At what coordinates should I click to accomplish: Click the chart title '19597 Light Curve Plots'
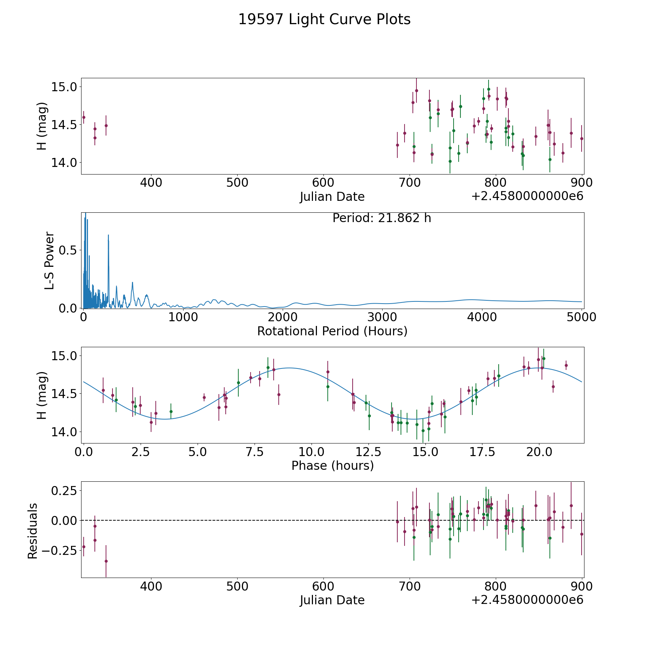[x=324, y=19]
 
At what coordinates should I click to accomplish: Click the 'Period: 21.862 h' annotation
[x=381, y=218]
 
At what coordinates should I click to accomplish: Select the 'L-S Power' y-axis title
[x=50, y=260]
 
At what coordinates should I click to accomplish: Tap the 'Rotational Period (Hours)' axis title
[x=332, y=331]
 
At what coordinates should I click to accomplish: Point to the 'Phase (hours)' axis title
[x=332, y=465]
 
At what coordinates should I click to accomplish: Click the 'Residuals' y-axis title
[x=33, y=531]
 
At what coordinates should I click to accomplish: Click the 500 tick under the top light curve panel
[x=237, y=183]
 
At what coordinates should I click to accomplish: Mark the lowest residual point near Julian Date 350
[x=106, y=561]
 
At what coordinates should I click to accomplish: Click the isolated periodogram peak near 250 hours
[x=108, y=235]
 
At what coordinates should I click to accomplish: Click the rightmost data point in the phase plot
[x=566, y=365]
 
